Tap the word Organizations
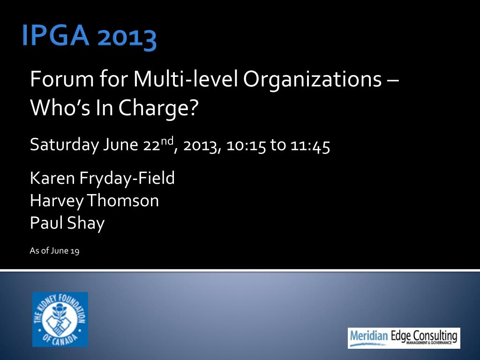coord(312,79)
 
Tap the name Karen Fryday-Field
coord(102,178)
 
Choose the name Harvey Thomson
coord(94,201)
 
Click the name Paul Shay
coord(67,223)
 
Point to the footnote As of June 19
coord(54,251)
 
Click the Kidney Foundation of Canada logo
coord(60,319)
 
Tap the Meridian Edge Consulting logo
coord(404,338)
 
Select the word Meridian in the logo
coord(368,336)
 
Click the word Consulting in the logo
coord(435,336)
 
